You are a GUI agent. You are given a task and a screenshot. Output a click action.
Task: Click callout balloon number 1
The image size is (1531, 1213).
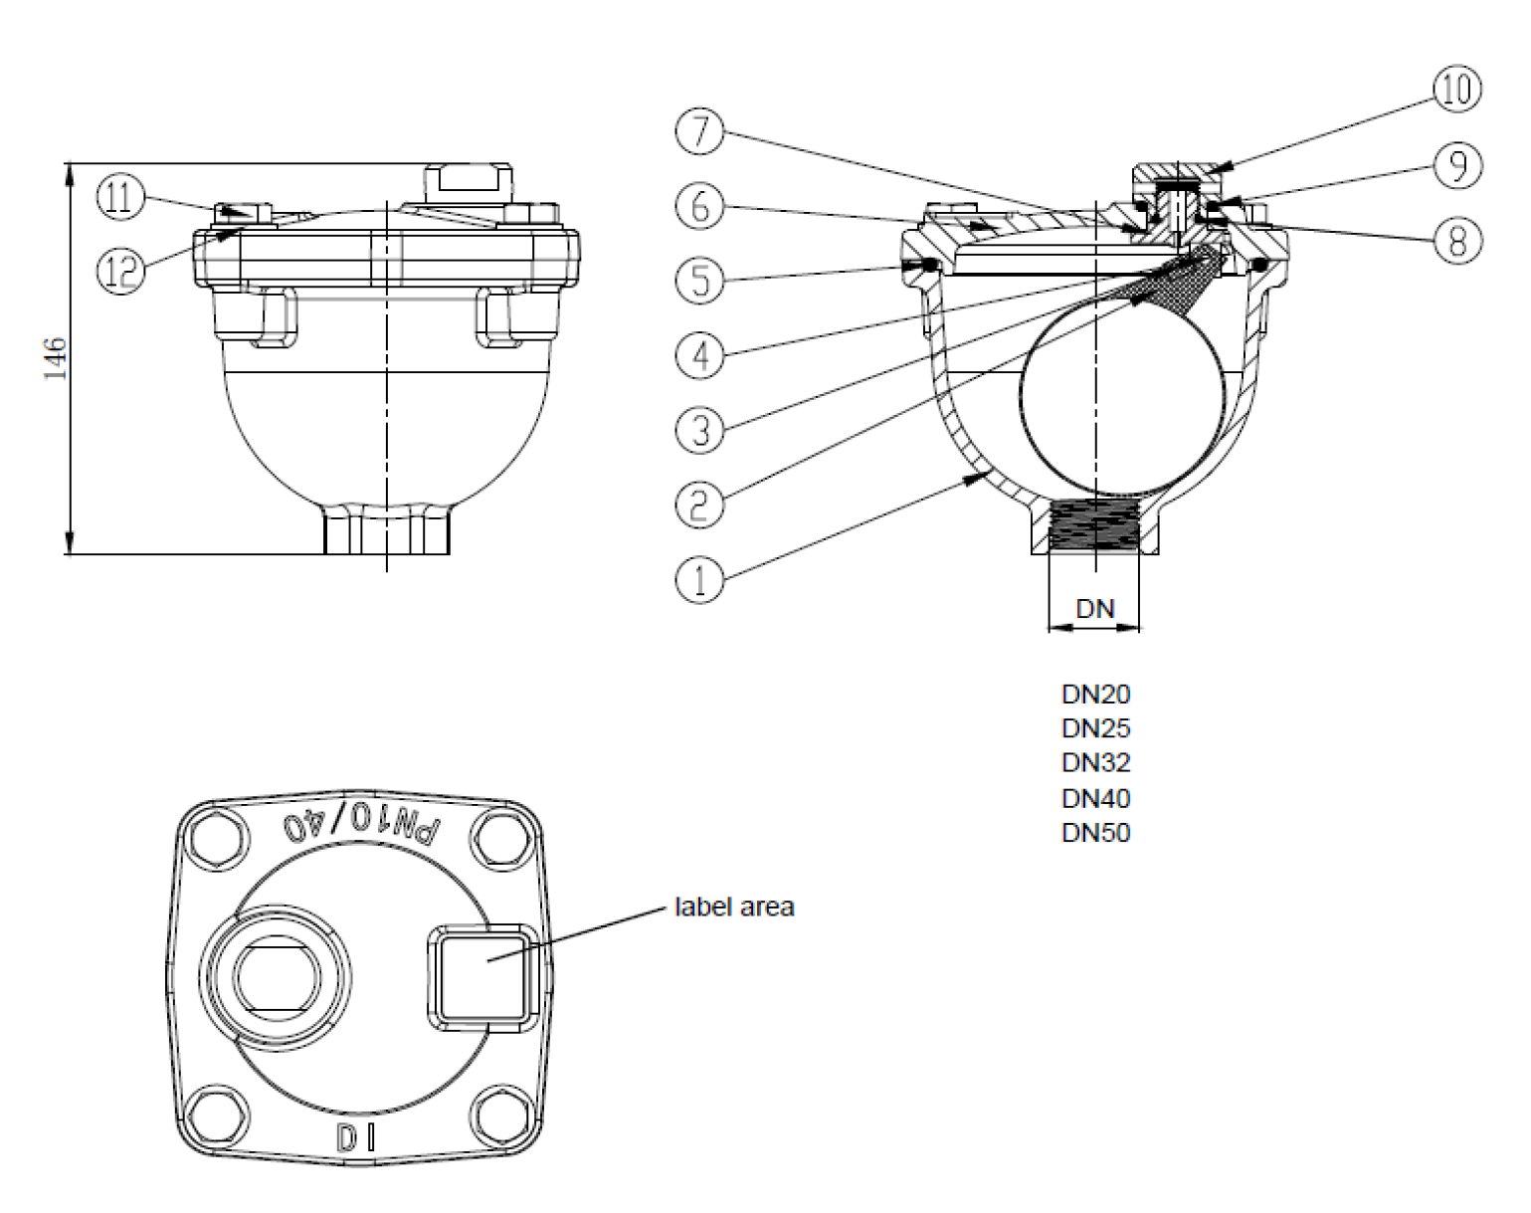pos(699,577)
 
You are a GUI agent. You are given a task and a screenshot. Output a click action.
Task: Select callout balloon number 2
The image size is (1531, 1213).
pos(699,504)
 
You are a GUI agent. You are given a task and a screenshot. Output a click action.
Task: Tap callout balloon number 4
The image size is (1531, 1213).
pos(699,354)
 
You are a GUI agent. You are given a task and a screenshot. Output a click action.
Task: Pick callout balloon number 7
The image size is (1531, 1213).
pos(699,133)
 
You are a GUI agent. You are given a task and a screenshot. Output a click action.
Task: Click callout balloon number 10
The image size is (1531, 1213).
pos(1456,90)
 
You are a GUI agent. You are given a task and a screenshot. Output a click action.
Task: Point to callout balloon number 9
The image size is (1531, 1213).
pos(1456,165)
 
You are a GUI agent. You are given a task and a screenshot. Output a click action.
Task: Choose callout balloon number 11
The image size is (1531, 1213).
pos(119,197)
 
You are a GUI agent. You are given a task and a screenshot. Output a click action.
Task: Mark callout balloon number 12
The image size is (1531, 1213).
pos(119,269)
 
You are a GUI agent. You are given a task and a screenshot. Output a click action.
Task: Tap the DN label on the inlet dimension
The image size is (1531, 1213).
pos(1095,609)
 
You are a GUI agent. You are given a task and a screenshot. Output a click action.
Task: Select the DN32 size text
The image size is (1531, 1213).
pos(1095,763)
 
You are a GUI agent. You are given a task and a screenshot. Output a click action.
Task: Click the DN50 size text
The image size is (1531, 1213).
pos(1095,833)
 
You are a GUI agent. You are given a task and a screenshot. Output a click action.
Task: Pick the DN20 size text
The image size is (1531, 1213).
pos(1095,694)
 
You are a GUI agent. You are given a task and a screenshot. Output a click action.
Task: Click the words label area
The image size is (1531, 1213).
pos(734,908)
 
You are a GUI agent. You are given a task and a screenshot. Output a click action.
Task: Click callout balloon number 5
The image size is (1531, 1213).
pos(699,281)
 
